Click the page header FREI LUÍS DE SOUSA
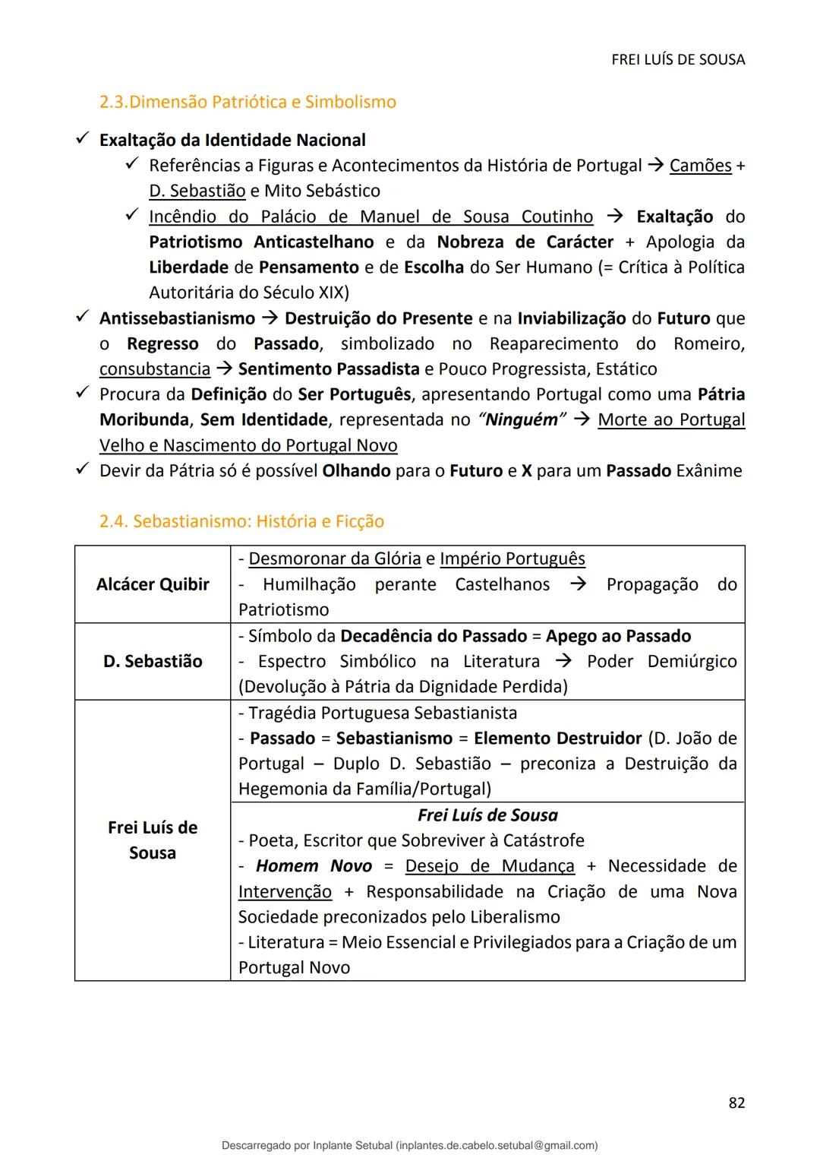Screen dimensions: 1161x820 point(678,59)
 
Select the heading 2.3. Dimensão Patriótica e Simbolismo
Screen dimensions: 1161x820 point(248,102)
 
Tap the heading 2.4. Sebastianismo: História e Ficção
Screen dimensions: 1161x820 point(241,521)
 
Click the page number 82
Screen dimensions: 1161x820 point(736,1102)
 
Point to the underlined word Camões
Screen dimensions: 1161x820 point(700,166)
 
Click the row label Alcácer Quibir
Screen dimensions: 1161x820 point(153,584)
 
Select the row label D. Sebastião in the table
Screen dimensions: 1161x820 point(153,661)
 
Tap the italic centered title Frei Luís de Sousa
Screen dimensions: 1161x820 point(487,815)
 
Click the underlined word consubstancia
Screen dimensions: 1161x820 point(155,369)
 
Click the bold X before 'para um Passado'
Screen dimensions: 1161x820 point(526,471)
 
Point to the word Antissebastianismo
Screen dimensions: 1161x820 point(177,318)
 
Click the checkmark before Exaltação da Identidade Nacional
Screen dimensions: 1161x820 point(82,140)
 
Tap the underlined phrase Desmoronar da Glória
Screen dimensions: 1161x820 point(334,559)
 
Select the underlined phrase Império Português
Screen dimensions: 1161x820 point(512,559)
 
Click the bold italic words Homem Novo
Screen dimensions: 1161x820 point(314,866)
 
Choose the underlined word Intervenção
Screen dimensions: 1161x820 point(285,891)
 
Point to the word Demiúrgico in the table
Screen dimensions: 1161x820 point(692,662)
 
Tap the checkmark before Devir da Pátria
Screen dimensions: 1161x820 point(82,470)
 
